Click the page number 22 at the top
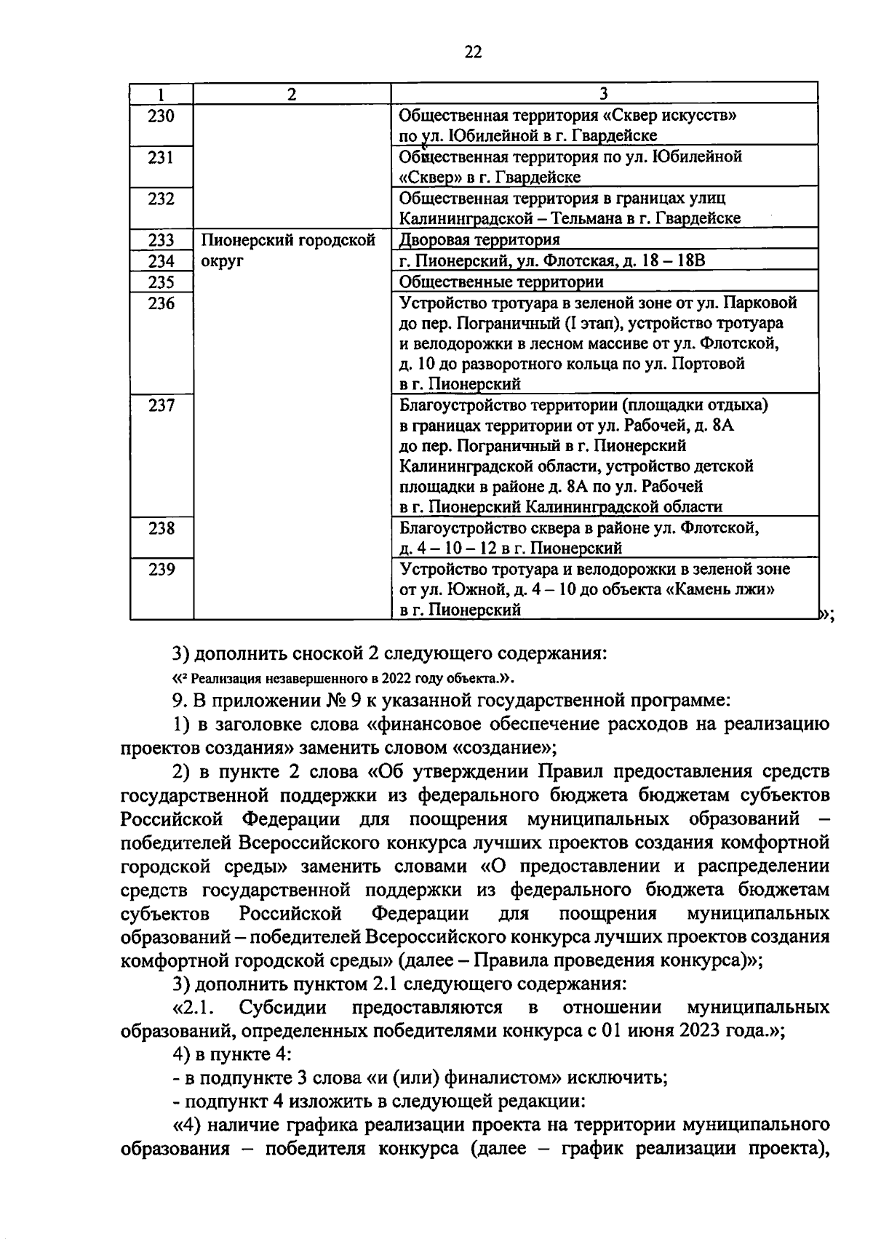[472, 52]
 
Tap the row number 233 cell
[161, 240]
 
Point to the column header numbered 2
[292, 93]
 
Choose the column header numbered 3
[603, 93]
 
